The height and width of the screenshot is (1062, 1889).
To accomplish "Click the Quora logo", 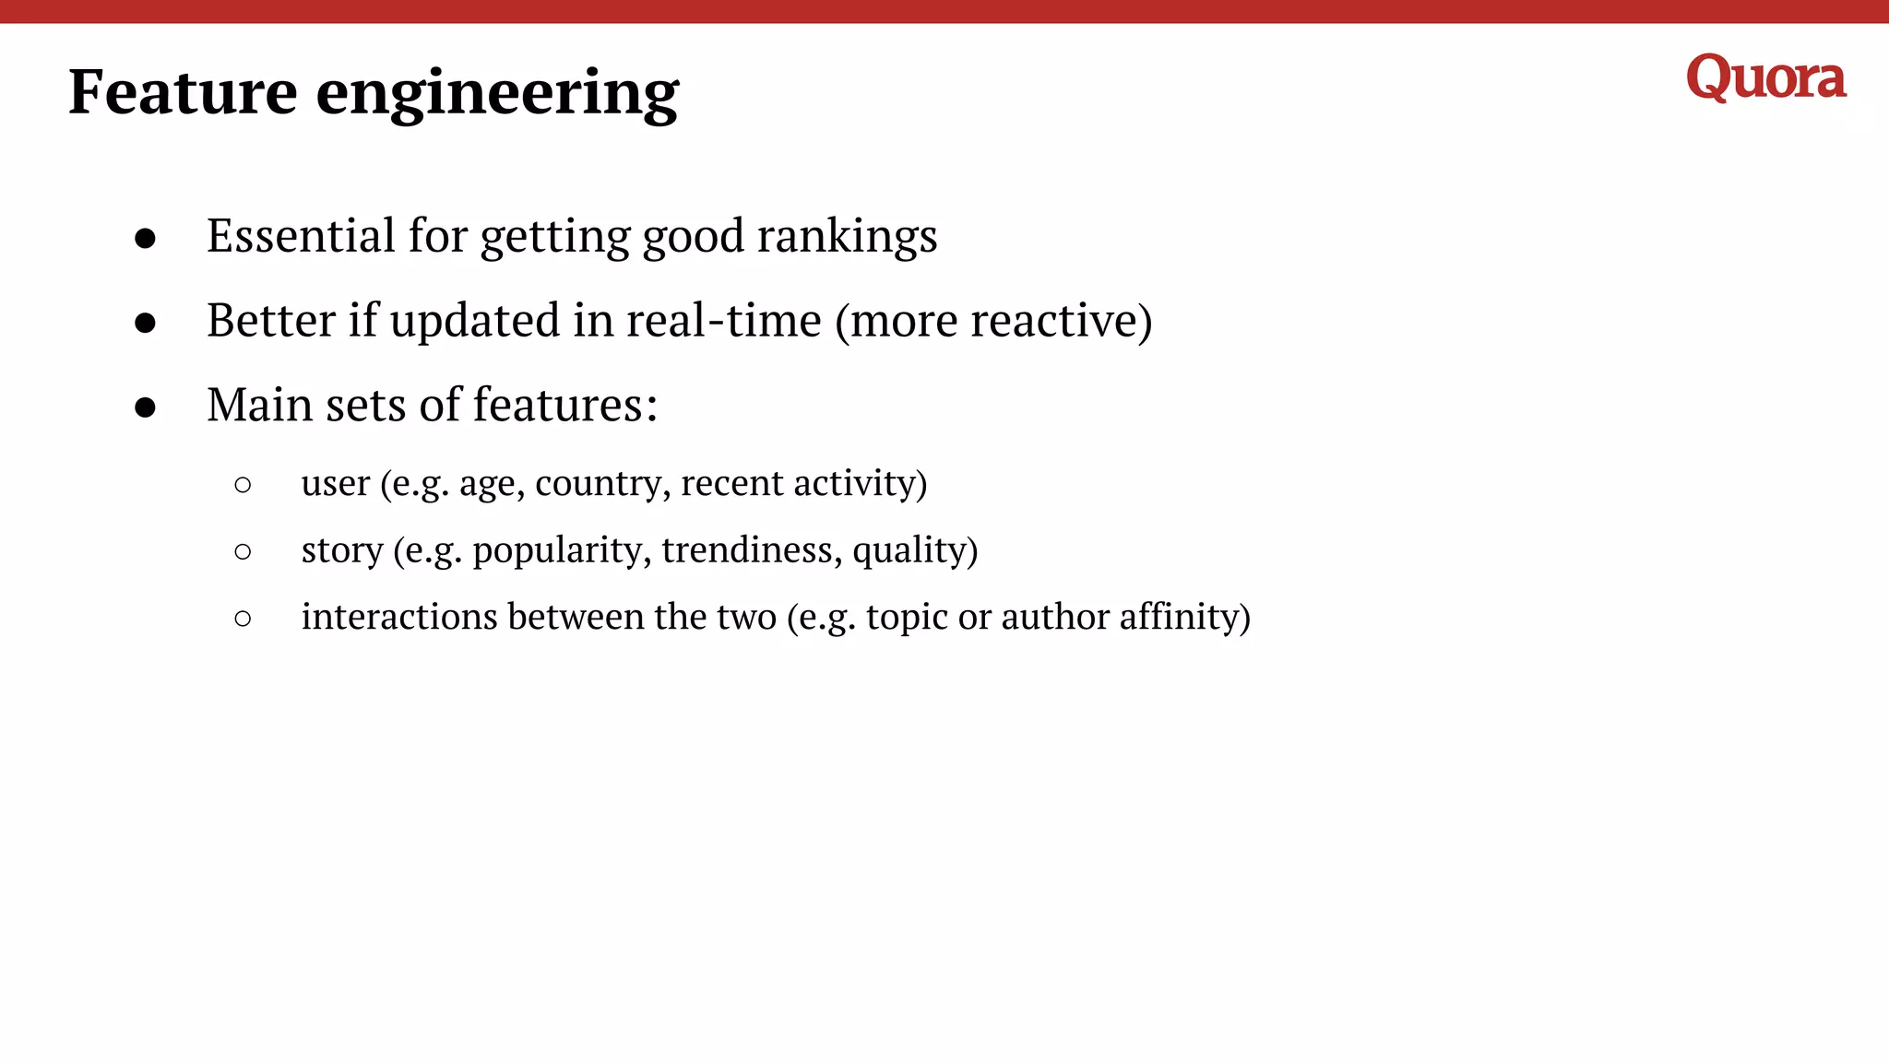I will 1765,77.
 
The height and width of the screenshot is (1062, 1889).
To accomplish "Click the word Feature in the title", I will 183,92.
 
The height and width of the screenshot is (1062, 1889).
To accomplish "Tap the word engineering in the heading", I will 497,94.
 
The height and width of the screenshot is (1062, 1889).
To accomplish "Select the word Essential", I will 301,235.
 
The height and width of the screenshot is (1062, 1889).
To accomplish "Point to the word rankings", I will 847,237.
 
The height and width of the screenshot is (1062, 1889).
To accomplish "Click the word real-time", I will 723,321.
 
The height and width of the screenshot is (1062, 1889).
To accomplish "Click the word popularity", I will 562,550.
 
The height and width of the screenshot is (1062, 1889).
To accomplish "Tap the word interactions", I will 398,617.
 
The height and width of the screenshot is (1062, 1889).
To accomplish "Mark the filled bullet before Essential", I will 145,239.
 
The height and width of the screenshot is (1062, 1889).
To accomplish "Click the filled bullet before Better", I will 145,323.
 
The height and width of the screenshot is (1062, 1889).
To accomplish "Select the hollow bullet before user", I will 243,485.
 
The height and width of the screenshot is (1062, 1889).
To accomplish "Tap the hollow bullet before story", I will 243,552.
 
